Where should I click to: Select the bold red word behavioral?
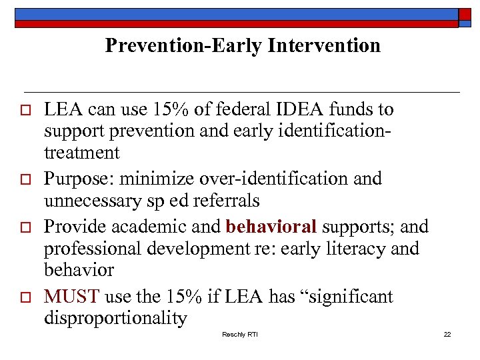tap(271, 226)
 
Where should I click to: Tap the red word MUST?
tap(71, 296)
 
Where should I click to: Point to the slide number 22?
tap(447, 334)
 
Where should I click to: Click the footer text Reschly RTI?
tap(240, 334)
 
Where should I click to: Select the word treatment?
tap(82, 153)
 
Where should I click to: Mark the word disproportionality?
tap(115, 318)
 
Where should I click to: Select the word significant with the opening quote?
tap(345, 296)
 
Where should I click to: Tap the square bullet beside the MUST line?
tap(27, 297)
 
